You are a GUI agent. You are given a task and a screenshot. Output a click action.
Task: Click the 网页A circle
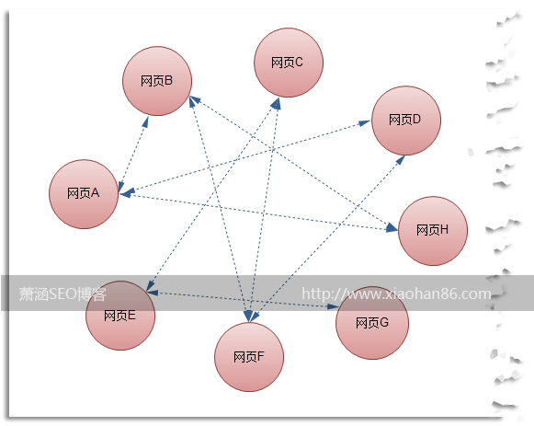coord(84,194)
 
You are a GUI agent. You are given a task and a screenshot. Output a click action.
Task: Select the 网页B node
coord(157,81)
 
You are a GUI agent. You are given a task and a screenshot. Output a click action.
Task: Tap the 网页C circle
coord(289,63)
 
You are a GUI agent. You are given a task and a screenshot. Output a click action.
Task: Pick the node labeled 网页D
coord(406,121)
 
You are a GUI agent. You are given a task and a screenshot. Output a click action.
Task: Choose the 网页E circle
coord(120,316)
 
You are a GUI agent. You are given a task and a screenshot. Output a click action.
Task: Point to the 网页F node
coord(249,357)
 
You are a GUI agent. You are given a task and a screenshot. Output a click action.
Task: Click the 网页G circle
coord(372,322)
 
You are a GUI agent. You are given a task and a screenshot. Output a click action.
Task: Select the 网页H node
coord(433,231)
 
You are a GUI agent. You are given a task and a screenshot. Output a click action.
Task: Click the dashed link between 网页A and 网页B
coord(133,155)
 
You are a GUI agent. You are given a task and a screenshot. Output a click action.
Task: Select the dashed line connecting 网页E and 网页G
coord(243,300)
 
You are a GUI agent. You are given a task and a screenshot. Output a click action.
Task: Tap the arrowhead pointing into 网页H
coord(392,227)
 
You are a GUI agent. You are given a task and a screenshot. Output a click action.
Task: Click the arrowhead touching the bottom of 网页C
coord(277,103)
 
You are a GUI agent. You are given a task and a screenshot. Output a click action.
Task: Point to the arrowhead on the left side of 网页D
coord(365,122)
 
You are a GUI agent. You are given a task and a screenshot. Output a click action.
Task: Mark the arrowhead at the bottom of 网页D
coord(401,159)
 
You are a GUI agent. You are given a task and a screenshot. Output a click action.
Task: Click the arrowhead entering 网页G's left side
coord(333,306)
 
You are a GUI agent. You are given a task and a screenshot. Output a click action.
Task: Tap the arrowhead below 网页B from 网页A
coord(146,122)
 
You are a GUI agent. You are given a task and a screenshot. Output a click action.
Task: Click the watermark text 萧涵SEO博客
coord(62,294)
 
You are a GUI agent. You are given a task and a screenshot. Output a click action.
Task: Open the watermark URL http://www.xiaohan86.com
coord(396,294)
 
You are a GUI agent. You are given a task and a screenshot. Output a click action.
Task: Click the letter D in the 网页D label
coord(416,120)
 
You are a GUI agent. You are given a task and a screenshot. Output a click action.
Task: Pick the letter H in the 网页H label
coord(444,230)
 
